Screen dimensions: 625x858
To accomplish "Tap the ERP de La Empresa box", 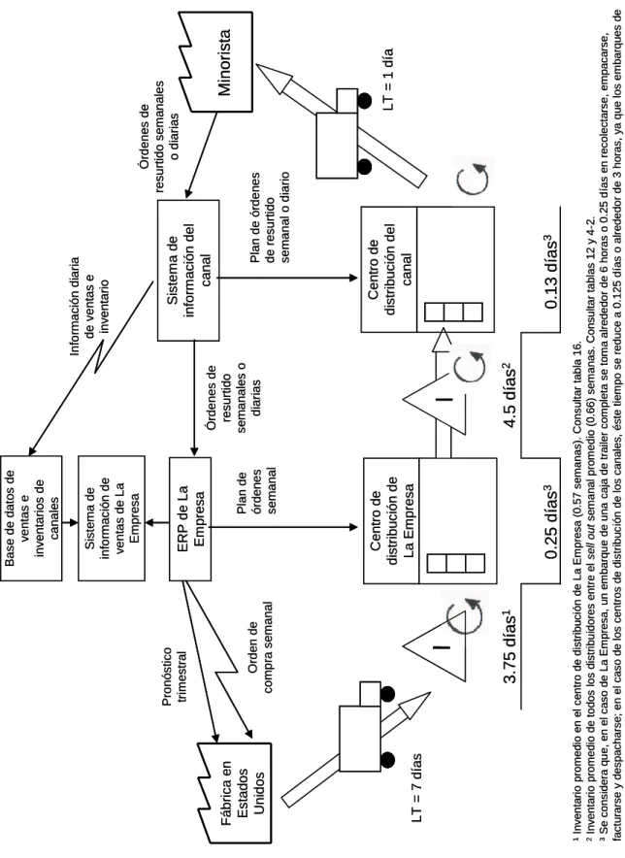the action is coord(190,517).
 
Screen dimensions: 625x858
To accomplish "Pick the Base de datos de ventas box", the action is coord(31,517).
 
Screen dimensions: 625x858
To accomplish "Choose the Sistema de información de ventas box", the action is coord(112,517).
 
